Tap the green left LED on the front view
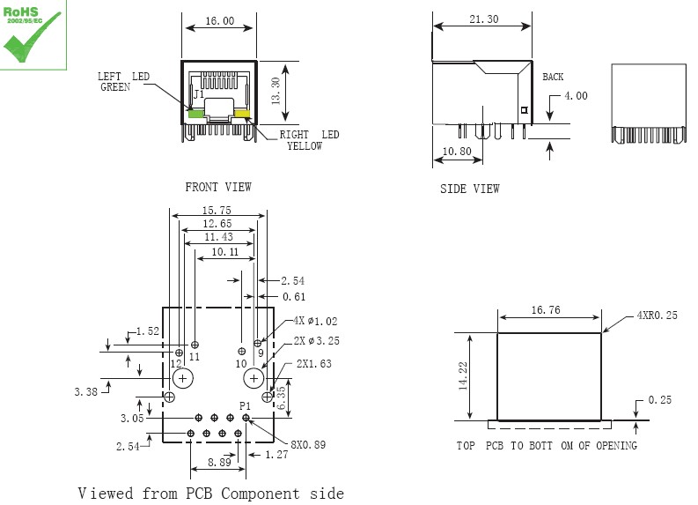pos(194,112)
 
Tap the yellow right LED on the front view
pos(243,113)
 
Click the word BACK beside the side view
pos(553,78)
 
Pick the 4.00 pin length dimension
pos(576,96)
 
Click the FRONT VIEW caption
pos(217,187)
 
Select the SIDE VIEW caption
pos(469,189)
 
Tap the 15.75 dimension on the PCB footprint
pos(217,211)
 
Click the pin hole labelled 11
pos(195,344)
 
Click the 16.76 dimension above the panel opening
pos(546,310)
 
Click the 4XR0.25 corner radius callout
pos(657,315)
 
